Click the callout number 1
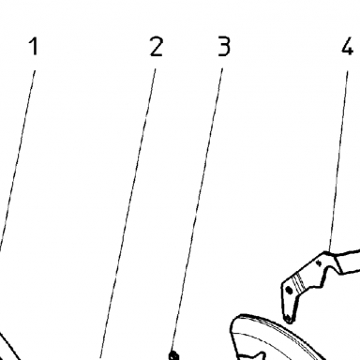pyautogui.click(x=34, y=46)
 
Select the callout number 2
pyautogui.click(x=157, y=46)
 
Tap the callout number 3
pyautogui.click(x=224, y=46)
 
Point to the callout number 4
pyautogui.click(x=347, y=46)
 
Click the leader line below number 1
pyautogui.click(x=17, y=161)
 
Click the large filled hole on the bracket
pyautogui.click(x=289, y=291)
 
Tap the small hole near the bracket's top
pyautogui.click(x=319, y=263)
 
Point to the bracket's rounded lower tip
pyautogui.click(x=288, y=319)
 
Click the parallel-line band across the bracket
pyautogui.click(x=299, y=280)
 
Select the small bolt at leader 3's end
pyautogui.click(x=173, y=355)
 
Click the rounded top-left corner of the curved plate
pyautogui.click(x=234, y=321)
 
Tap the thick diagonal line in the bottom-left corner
pyautogui.click(x=9, y=347)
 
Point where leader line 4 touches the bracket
pyautogui.click(x=328, y=251)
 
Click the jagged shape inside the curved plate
pyautogui.click(x=251, y=355)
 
